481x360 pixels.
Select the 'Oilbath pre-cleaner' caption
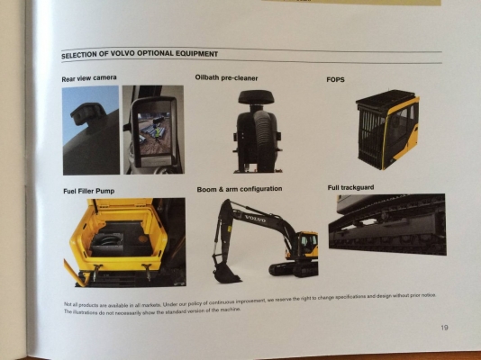pyautogui.click(x=230, y=78)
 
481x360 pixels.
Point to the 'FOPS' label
pyautogui.click(x=335, y=79)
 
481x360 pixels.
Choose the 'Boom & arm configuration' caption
pyautogui.click(x=240, y=189)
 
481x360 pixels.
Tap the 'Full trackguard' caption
pyautogui.click(x=351, y=187)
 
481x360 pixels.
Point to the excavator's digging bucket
pyautogui.click(x=224, y=267)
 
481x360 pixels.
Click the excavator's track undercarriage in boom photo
pyautogui.click(x=293, y=268)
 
